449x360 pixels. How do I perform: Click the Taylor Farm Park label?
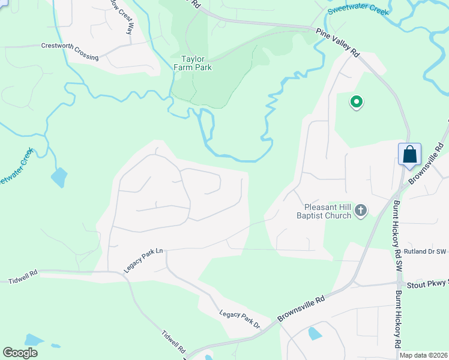click(x=197, y=63)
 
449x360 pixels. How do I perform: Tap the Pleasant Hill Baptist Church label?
click(x=327, y=211)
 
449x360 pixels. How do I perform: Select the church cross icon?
click(x=360, y=210)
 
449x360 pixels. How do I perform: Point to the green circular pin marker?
click(x=357, y=102)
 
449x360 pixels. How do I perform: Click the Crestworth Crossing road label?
click(x=70, y=51)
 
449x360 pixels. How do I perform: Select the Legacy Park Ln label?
click(x=144, y=261)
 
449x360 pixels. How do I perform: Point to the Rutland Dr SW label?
click(x=426, y=251)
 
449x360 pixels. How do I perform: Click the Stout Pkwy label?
click(x=427, y=284)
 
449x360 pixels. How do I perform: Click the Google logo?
click(x=20, y=352)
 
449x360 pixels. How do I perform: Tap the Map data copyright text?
click(x=423, y=355)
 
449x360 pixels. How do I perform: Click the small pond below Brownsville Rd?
click(x=315, y=334)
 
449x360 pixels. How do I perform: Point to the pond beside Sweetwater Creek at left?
click(x=59, y=177)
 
